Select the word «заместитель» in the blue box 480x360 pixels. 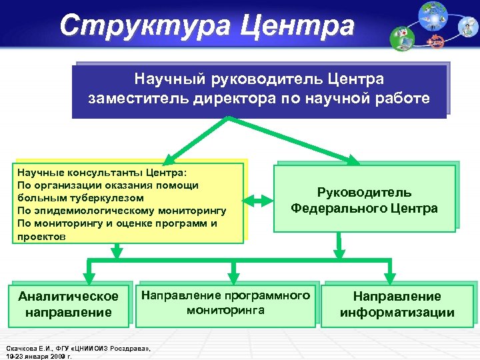point(133,99)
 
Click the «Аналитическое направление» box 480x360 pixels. point(69,304)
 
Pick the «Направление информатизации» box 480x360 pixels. point(397,304)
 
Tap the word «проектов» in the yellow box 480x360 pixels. point(41,236)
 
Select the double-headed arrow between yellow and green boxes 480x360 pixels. point(258,200)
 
